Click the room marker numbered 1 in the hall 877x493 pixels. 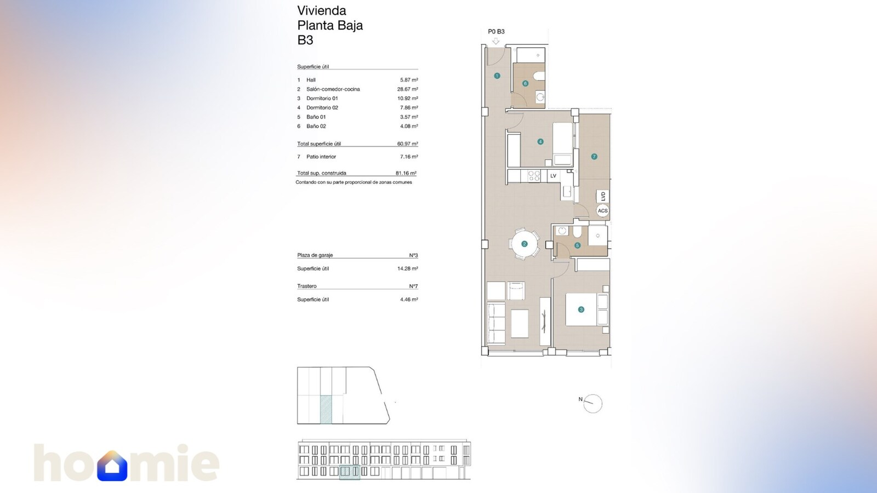coord(497,76)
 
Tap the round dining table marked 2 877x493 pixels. coord(525,244)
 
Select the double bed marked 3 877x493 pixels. coord(581,309)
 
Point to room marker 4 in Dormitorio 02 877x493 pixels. coord(540,141)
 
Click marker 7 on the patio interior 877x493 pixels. coord(594,157)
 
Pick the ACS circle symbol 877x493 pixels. coord(602,210)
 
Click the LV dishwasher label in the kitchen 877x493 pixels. coord(553,176)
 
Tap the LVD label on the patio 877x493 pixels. coord(603,196)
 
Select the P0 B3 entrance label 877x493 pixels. coord(496,32)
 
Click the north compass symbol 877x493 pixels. coord(593,403)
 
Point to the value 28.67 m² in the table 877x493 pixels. coord(407,89)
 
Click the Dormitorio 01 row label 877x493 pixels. coord(322,99)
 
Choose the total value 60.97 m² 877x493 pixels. coord(407,144)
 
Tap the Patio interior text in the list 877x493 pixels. coord(321,157)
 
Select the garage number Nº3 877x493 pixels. coord(413,255)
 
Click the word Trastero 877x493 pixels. coord(307,286)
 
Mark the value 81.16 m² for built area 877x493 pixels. coord(406,173)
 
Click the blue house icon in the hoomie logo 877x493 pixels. coord(112,466)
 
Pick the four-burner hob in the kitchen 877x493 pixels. coord(534,176)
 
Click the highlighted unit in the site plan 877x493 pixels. coord(326,409)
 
